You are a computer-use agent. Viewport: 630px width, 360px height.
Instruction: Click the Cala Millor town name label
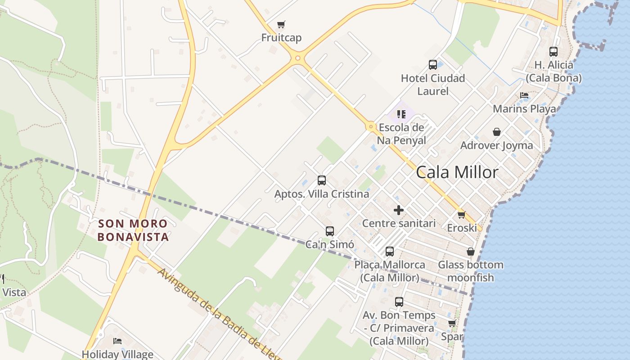click(457, 172)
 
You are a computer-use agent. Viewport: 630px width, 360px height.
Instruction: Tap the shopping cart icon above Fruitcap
click(281, 24)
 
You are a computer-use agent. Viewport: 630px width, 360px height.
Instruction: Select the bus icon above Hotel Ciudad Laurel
click(433, 65)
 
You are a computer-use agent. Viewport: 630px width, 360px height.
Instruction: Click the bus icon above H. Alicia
click(553, 52)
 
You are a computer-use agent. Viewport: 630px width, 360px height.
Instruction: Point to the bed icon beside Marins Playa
click(524, 95)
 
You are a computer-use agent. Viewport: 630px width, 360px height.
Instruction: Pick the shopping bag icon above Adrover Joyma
click(497, 132)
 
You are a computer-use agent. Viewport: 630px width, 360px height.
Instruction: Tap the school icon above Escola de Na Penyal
click(401, 114)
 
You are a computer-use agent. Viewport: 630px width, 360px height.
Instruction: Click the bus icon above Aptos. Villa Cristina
click(322, 180)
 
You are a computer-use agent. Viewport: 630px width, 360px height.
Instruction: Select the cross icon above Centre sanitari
click(399, 210)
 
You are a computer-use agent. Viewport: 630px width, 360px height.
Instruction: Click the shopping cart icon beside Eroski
click(461, 215)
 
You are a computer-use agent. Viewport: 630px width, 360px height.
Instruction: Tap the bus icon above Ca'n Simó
click(330, 231)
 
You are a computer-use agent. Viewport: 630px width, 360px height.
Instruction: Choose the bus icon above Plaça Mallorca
click(390, 251)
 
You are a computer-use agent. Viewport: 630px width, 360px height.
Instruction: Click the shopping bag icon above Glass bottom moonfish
click(471, 252)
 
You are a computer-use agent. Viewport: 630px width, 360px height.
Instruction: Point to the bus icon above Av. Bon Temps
click(399, 302)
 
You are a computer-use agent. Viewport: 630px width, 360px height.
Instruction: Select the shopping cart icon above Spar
click(452, 324)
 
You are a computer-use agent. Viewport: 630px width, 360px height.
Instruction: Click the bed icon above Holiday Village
click(117, 341)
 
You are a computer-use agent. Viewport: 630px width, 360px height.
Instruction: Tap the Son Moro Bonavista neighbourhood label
click(133, 230)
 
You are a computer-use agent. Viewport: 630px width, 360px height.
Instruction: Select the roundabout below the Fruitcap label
click(297, 58)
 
